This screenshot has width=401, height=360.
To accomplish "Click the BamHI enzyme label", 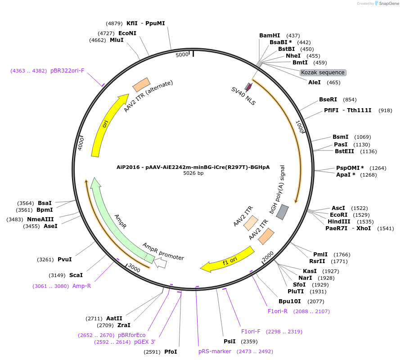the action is tap(270, 35).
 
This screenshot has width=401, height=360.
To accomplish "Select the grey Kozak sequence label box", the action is tap(323, 73).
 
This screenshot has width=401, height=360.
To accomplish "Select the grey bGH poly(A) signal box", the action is tap(282, 212).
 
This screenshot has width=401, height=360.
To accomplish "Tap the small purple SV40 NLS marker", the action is tap(248, 87).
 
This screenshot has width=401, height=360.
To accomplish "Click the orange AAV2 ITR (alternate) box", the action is tap(141, 85).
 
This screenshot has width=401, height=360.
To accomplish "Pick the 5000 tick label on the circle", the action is tap(182, 55).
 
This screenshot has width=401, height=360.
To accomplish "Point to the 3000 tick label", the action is tap(134, 268).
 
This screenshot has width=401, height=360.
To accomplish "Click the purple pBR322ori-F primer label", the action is tap(67, 71).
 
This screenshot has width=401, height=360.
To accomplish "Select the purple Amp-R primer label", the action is tap(81, 286).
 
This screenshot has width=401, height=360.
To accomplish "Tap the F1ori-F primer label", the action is tap(251, 332).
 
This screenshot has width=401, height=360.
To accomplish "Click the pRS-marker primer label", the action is tap(215, 351).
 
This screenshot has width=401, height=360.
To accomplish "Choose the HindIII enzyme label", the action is tap(339, 222).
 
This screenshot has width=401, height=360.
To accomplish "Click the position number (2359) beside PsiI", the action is tap(249, 342).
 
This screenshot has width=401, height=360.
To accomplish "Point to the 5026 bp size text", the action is tap(194, 173).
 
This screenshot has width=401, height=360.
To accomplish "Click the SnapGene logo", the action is tap(387, 4).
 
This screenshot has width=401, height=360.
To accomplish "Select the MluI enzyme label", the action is tap(117, 40).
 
